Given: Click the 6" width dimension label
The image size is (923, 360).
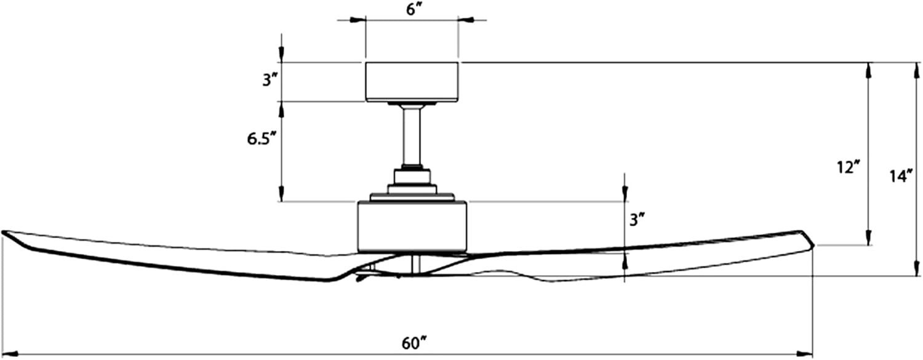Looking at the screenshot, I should [412, 10].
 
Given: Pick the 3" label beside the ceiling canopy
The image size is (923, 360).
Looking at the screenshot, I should [267, 81].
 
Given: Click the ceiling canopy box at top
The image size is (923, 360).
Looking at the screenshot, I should [412, 81].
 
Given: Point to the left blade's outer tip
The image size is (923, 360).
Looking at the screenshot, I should [5, 233].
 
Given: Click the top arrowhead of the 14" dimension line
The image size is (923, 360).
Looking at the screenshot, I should [912, 69].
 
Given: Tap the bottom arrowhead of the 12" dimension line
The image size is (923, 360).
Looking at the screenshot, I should [868, 238].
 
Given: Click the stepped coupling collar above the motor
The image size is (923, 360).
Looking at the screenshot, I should [412, 185].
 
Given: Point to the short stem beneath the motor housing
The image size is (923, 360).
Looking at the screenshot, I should [416, 264].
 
